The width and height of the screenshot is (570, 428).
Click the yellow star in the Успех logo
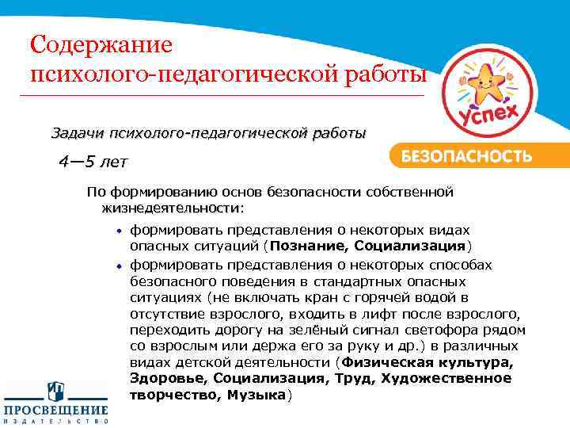coord(484,80)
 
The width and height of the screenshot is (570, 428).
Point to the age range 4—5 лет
coord(92,162)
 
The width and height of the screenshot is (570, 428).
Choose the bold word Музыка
coord(255,394)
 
